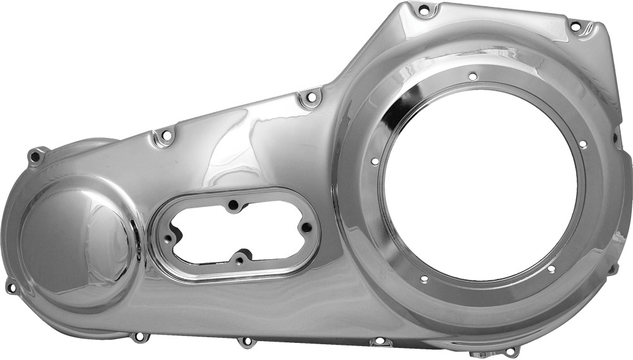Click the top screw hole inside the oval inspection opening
point(234,204)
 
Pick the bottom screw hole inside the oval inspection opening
point(239,259)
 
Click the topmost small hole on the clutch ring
point(472,76)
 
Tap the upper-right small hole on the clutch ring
point(582,144)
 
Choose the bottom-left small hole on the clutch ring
point(423,279)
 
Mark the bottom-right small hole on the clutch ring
point(551,269)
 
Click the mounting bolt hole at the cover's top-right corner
point(575,27)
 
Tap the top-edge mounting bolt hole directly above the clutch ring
point(423,9)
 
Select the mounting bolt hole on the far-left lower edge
point(11,287)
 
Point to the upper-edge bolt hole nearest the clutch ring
point(310,98)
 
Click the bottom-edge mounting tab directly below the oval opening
point(245,342)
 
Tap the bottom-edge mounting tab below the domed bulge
point(138,337)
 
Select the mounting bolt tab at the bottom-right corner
point(510,350)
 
